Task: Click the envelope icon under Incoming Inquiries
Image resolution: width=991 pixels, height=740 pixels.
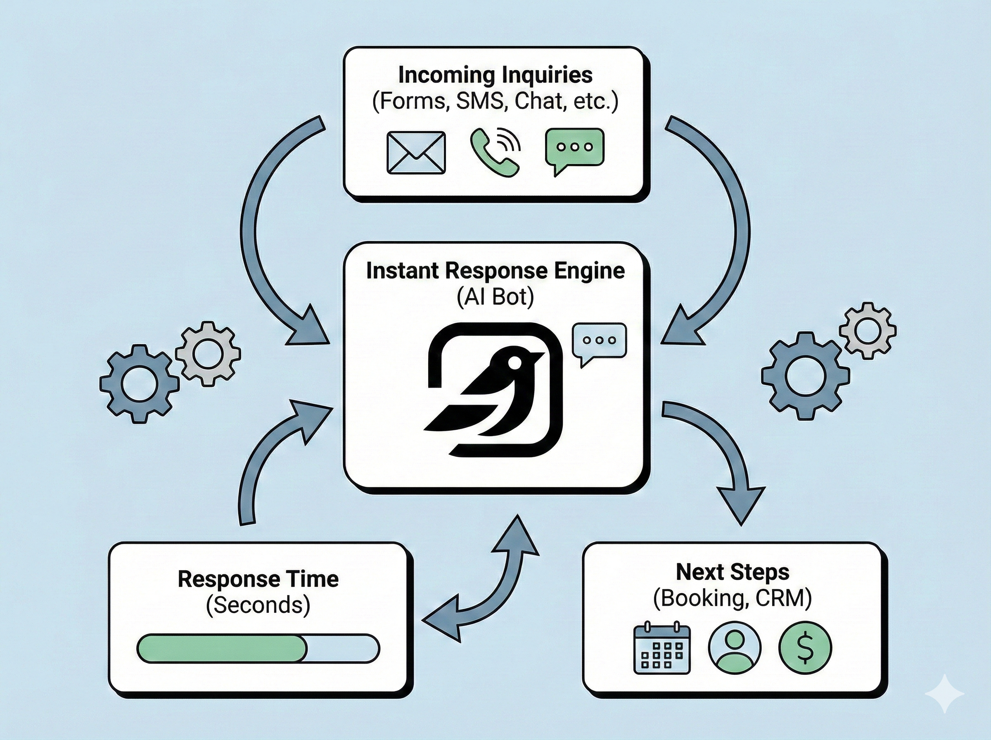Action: (416, 152)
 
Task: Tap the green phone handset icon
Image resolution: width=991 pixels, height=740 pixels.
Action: (494, 152)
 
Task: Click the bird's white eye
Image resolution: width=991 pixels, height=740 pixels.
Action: (515, 363)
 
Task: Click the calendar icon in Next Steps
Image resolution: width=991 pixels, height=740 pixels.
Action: (662, 648)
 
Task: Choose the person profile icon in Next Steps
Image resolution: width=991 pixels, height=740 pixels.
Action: (735, 648)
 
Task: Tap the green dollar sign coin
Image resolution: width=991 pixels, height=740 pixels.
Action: (805, 648)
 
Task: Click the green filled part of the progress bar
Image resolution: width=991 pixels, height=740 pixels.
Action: (222, 648)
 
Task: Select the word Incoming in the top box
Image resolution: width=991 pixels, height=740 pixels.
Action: (446, 75)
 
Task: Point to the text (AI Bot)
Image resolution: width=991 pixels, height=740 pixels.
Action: (495, 296)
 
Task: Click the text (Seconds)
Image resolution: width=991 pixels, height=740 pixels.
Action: (258, 605)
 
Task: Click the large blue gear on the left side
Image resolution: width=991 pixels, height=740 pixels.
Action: (139, 384)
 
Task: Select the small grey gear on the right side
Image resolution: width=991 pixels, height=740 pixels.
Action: (868, 331)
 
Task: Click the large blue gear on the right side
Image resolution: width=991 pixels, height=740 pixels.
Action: (805, 375)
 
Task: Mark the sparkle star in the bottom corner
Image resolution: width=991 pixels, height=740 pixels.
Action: (944, 707)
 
